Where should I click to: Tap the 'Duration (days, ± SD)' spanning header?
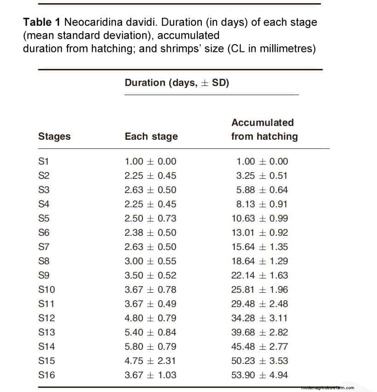point(177,83)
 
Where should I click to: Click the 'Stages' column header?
point(54,136)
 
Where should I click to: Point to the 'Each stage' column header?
point(151,136)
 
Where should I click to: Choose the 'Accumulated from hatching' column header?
point(264,130)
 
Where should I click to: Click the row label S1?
point(44,162)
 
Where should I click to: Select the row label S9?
point(44,275)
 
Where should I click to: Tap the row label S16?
point(46,375)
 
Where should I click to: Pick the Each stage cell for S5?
point(150,218)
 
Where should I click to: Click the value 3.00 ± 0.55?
point(150,261)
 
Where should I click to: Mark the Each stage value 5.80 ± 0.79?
point(150,347)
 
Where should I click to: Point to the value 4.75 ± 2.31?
point(150,361)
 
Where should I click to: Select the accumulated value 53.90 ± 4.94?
point(259,375)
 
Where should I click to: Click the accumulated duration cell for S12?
point(259,318)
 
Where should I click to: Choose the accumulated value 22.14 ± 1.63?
point(259,275)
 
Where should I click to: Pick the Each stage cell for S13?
point(150,332)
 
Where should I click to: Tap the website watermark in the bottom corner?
point(330,387)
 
